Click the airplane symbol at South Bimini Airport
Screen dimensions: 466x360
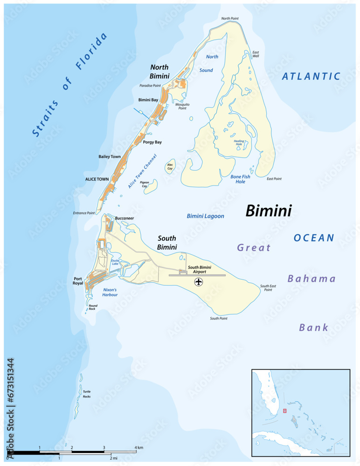pos(199,282)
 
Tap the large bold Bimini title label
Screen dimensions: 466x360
pos(268,211)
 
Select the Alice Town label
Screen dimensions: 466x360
pos(97,179)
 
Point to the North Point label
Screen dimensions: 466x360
pos(229,19)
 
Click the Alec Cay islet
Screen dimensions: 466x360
pos(170,167)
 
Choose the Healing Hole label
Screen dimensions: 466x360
pos(239,142)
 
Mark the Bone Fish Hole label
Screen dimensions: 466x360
pos(240,179)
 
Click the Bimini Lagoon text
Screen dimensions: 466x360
pos(205,216)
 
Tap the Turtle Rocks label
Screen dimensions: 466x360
pos(87,394)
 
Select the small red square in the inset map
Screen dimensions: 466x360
pos(284,411)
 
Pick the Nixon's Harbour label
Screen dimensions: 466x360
pos(110,292)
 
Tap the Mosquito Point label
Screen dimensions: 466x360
pos(182,106)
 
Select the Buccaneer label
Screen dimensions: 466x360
pos(125,218)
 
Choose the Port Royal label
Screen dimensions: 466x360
pos(78,281)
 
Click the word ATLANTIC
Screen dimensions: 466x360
pos(311,76)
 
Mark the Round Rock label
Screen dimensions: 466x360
pos(93,307)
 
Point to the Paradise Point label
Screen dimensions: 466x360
pos(150,86)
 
